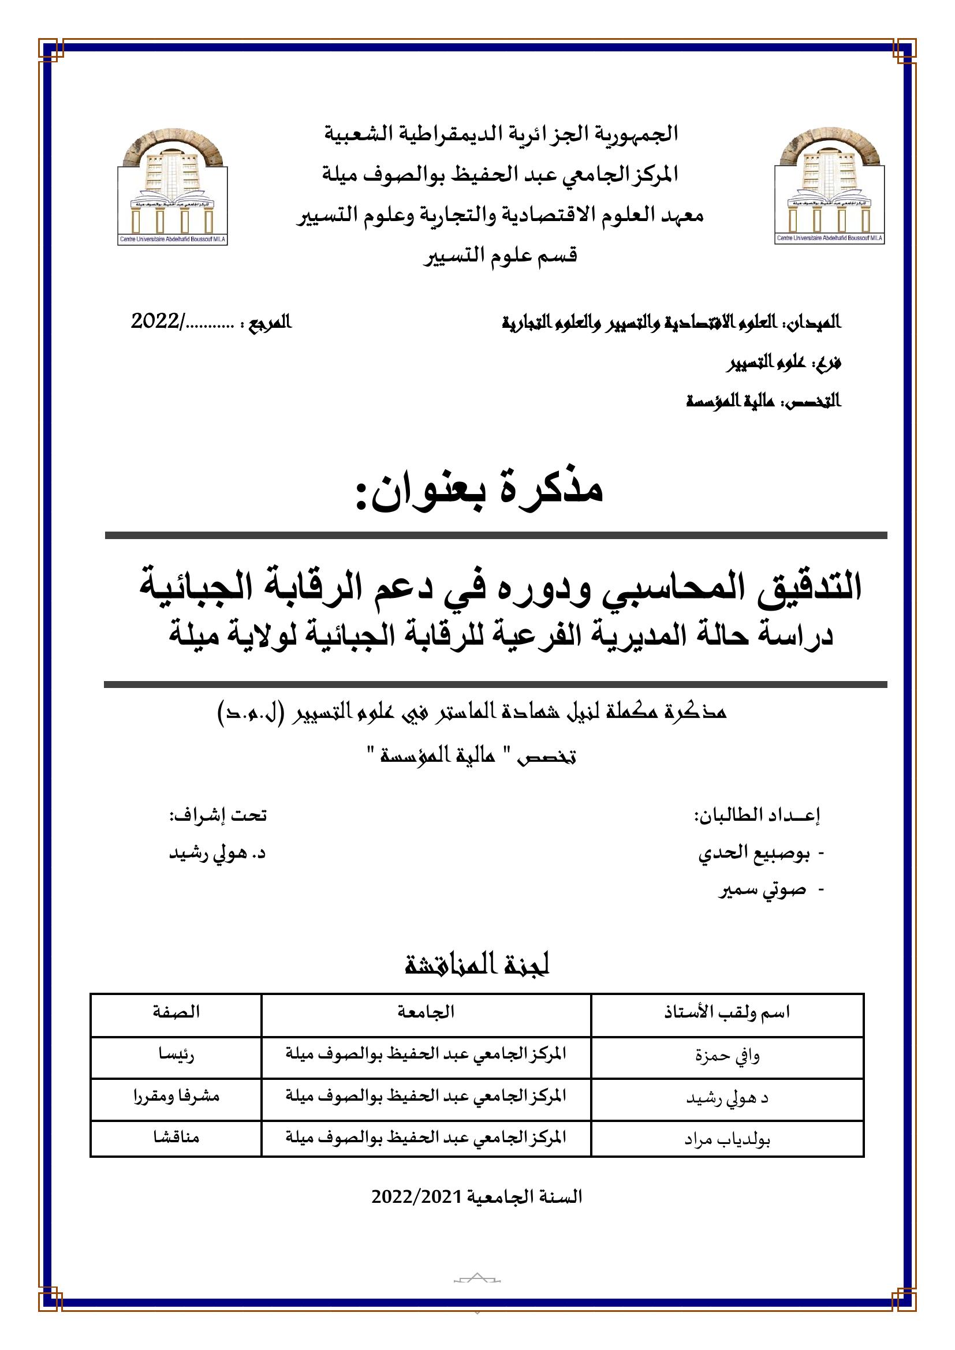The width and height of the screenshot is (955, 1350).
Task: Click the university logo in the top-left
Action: (173, 188)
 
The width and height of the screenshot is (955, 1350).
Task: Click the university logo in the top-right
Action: (830, 188)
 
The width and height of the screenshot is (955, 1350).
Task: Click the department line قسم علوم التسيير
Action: (501, 255)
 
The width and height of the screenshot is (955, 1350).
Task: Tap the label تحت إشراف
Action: (218, 815)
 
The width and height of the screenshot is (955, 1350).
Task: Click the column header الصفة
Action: (176, 1012)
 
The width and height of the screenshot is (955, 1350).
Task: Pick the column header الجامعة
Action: (426, 1012)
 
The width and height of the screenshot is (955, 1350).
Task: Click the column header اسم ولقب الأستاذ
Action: (727, 1012)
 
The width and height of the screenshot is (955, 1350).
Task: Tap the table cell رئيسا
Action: (176, 1054)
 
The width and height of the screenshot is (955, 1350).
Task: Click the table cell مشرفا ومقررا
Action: (176, 1096)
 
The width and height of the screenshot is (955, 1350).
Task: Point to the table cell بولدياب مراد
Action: (727, 1139)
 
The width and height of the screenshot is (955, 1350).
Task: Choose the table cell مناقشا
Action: (176, 1137)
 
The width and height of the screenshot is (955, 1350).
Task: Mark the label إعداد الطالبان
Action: (758, 815)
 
